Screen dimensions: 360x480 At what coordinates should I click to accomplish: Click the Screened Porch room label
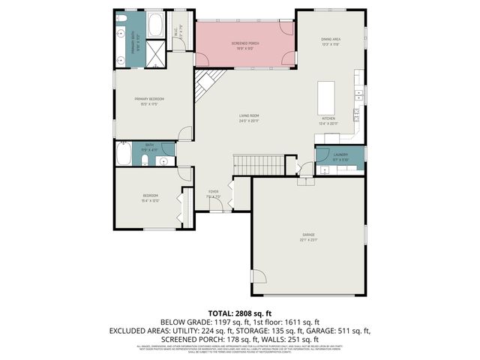244,43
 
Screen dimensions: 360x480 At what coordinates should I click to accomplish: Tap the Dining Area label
331,39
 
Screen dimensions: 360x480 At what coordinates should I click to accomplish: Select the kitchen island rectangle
326,97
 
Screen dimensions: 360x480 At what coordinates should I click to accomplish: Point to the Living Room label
249,115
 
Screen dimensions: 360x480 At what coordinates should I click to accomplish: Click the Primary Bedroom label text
149,99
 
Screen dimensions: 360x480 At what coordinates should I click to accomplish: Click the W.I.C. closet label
175,31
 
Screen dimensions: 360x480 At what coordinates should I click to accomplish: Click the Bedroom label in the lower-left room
149,196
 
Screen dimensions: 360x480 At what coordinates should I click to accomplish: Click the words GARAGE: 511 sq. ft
342,329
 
